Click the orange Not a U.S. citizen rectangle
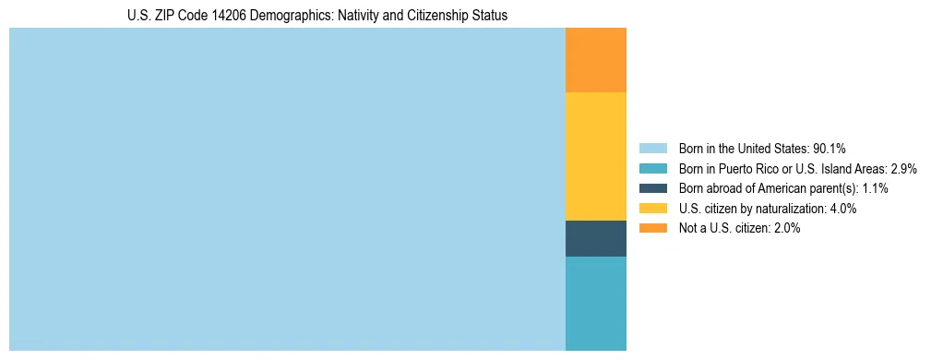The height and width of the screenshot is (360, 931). (x=595, y=60)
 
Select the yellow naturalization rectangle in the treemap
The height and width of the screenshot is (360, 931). (x=595, y=156)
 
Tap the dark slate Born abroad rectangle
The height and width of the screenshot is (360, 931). (x=595, y=238)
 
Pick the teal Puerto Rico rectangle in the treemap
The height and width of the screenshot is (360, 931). (x=595, y=303)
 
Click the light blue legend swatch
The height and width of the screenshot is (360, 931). (x=652, y=148)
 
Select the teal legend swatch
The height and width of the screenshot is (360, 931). (x=652, y=168)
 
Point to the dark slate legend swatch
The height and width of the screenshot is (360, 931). (x=652, y=188)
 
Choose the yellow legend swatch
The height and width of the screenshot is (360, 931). (x=652, y=209)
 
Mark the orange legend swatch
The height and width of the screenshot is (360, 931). (x=652, y=228)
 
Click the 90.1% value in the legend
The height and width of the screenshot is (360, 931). (x=829, y=148)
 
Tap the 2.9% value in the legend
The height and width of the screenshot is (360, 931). (x=901, y=168)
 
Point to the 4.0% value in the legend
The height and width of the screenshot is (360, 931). (x=841, y=209)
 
